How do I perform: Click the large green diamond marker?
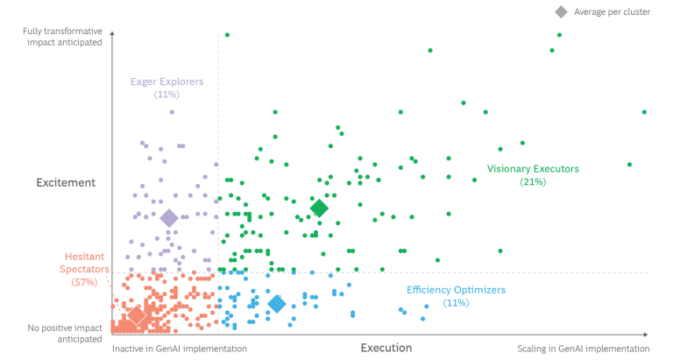319,208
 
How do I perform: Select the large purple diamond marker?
168,218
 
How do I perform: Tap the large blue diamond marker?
277,303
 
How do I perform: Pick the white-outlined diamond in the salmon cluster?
136,314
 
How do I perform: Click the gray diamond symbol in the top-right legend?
562,12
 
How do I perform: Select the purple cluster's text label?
165,88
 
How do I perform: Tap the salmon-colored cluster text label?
83,269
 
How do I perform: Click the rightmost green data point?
646,112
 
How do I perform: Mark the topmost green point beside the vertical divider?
227,35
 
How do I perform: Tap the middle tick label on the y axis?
67,182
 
